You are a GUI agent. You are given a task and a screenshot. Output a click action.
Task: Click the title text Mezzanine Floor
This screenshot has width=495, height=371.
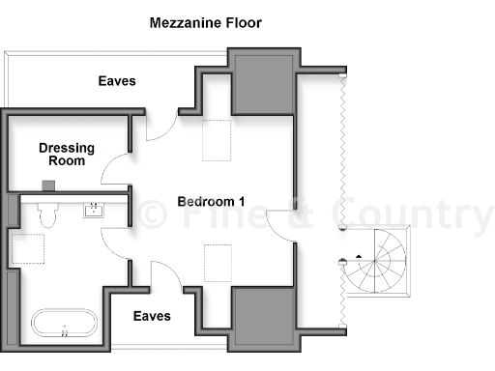point(205,22)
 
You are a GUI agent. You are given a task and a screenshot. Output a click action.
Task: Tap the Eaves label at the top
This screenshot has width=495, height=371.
point(117,82)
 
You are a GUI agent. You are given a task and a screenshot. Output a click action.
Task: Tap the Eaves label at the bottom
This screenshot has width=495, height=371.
point(152,316)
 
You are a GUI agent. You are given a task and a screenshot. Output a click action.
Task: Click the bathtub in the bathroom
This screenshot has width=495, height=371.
point(64,323)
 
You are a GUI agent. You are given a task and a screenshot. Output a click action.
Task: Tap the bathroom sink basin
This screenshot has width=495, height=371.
point(95,210)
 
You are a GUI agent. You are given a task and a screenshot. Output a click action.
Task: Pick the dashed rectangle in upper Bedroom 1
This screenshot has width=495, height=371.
point(217,141)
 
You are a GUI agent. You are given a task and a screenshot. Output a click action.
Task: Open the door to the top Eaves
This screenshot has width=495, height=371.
point(160,127)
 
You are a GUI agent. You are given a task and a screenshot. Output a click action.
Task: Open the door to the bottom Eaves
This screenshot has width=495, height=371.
point(164,275)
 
